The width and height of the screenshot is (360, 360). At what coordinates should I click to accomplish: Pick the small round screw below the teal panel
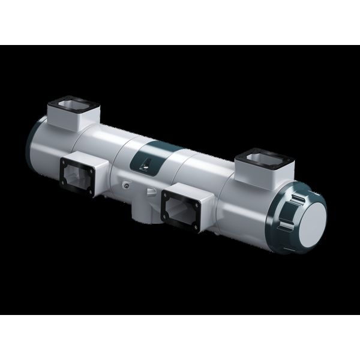click(x=125, y=187)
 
